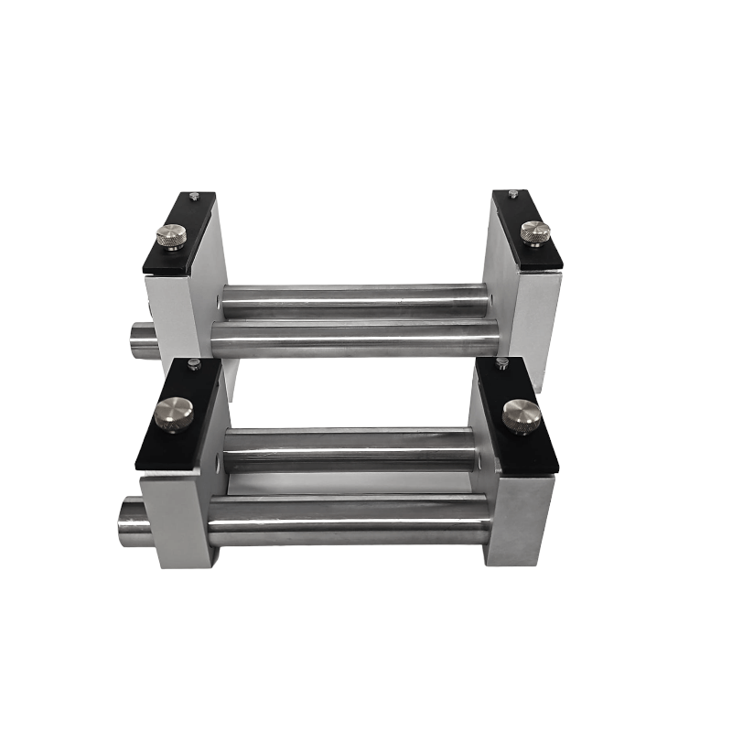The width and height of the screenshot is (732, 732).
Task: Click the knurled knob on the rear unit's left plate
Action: pyautogui.click(x=171, y=237)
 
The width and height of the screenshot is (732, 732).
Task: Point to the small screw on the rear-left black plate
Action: pyautogui.click(x=193, y=196)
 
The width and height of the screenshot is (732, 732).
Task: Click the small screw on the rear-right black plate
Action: pyautogui.click(x=514, y=193)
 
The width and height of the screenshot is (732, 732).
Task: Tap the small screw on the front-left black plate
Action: pyautogui.click(x=193, y=364)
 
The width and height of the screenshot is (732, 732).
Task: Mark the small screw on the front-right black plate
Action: pyautogui.click(x=501, y=363)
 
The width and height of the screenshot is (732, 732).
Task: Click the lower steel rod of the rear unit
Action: pyautogui.click(x=357, y=337)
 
